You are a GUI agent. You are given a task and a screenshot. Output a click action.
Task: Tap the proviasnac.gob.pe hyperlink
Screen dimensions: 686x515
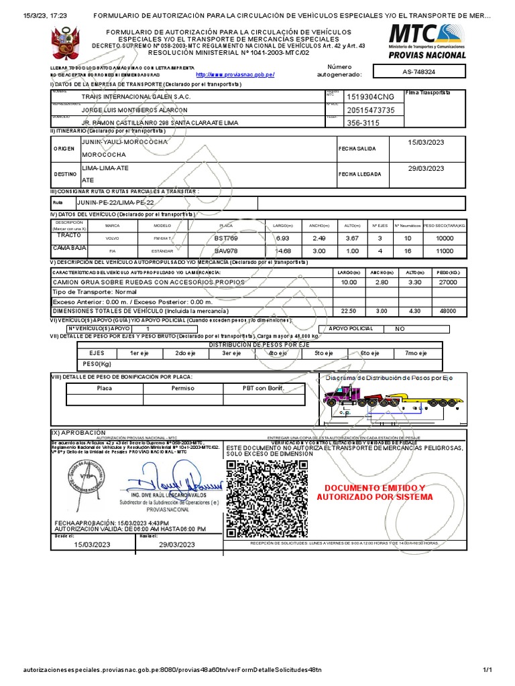[x=235, y=74]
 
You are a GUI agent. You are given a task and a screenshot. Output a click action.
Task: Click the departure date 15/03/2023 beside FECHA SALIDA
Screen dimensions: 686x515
[x=426, y=142]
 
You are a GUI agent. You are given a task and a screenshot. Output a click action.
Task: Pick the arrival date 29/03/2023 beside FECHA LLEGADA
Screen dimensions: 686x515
[x=426, y=168]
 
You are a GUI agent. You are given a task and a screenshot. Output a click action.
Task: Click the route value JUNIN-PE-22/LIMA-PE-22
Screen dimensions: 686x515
[x=115, y=202]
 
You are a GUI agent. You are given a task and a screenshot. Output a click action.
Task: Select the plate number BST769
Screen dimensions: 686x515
[x=226, y=238]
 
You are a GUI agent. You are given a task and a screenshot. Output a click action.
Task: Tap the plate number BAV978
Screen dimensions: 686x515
[x=226, y=251]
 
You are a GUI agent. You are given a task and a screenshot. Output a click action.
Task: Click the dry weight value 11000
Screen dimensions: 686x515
[x=445, y=251]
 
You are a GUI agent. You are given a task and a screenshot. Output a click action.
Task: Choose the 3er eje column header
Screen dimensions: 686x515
[x=231, y=353]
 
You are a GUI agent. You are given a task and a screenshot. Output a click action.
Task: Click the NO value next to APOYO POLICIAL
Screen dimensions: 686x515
[x=400, y=329]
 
